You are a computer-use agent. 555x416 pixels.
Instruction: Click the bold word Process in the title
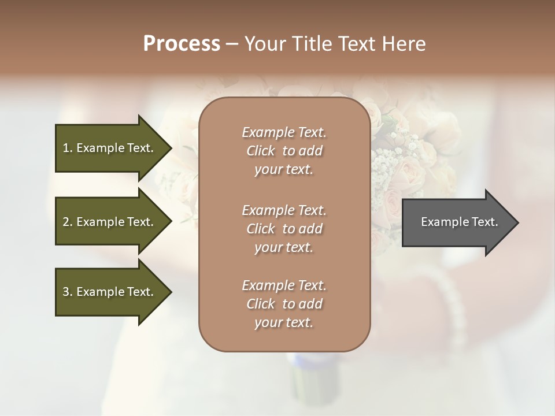(182, 44)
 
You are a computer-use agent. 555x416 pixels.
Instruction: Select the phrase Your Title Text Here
(335, 44)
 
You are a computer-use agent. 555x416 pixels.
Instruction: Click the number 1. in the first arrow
(68, 148)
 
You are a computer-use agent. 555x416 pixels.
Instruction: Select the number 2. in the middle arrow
(68, 222)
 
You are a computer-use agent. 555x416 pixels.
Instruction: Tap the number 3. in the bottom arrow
(68, 292)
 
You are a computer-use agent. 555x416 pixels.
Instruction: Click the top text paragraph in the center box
(284, 151)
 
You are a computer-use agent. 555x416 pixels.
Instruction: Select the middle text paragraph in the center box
(284, 229)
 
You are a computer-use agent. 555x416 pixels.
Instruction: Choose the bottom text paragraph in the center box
(284, 304)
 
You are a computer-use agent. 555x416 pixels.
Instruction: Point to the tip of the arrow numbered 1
(171, 148)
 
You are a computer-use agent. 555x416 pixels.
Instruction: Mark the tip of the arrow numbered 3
(171, 292)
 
